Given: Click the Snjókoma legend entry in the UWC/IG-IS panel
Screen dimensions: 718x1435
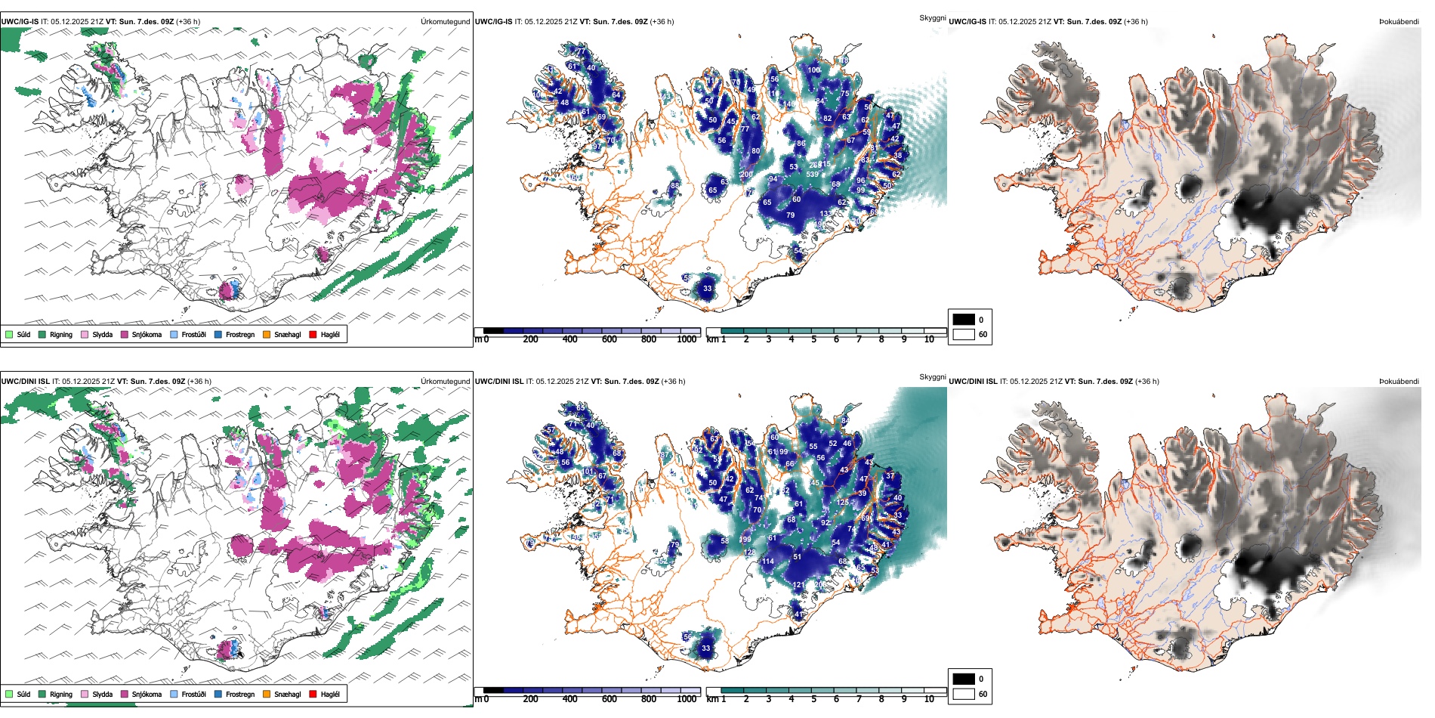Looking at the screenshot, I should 146,334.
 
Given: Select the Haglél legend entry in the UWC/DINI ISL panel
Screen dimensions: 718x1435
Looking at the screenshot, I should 329,694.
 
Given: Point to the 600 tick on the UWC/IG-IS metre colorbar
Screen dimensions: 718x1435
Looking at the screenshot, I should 609,339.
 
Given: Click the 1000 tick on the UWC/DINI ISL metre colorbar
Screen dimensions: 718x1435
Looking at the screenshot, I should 687,699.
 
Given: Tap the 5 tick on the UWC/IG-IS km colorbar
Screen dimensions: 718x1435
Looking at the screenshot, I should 814,339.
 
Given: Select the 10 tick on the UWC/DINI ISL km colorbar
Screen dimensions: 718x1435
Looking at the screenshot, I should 929,699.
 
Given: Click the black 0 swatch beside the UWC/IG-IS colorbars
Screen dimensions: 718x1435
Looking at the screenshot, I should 964,320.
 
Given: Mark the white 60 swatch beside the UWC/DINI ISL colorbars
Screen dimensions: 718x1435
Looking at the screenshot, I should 964,694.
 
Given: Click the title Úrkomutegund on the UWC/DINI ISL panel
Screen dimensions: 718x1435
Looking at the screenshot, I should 446,381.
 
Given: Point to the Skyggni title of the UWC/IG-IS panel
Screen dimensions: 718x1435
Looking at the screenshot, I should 932,17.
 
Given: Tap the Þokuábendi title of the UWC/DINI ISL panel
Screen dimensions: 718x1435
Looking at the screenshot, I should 1399,381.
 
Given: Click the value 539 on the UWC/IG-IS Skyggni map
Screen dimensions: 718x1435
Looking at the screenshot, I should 812,175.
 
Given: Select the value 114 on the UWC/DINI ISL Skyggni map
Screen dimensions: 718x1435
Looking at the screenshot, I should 767,562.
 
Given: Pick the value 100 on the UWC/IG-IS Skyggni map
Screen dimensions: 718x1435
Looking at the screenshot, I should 813,70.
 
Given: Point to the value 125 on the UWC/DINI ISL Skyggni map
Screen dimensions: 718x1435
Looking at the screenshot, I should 842,503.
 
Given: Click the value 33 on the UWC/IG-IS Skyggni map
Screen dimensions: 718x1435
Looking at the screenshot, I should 707,288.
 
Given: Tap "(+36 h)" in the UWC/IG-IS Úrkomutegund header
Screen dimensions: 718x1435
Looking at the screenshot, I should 188,22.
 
